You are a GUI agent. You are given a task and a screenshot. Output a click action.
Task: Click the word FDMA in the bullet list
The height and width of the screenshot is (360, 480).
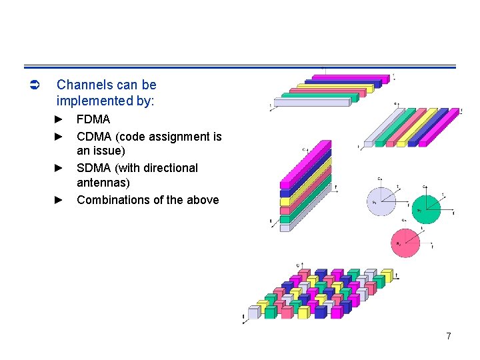[93, 120]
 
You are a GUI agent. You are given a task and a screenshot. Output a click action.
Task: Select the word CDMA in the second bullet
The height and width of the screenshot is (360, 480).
[94, 137]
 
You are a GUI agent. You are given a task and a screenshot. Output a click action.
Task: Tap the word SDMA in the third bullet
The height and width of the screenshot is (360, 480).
[94, 168]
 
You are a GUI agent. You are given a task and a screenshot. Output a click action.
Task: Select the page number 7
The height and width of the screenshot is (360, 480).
[449, 337]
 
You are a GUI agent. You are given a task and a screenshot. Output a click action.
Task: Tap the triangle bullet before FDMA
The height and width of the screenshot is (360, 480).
[58, 120]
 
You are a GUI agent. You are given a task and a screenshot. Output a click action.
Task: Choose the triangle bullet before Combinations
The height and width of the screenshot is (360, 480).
[58, 200]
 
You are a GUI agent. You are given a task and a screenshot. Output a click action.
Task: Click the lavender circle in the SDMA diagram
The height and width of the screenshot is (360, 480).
[381, 201]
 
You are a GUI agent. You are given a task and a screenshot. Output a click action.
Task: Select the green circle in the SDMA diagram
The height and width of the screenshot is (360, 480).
[425, 210]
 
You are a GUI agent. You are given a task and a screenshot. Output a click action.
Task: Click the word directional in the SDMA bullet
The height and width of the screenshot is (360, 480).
[170, 168]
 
